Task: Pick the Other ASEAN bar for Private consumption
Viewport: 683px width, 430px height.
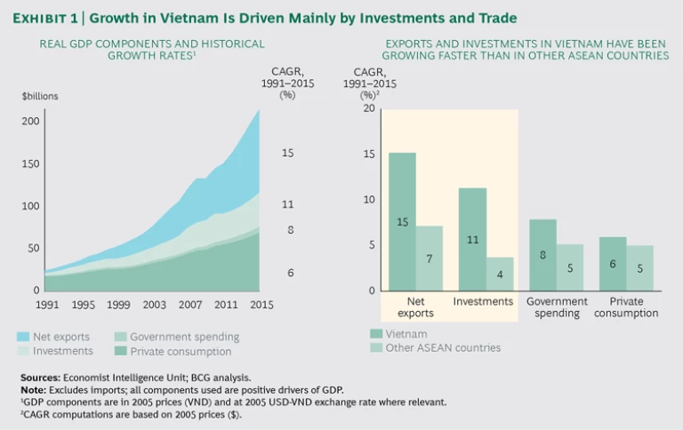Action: [639, 267]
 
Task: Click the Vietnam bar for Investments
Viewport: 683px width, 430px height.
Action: [472, 239]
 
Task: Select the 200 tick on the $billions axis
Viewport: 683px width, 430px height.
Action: [31, 120]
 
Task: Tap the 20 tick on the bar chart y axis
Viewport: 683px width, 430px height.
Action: [371, 107]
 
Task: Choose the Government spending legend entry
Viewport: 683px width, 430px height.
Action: [177, 337]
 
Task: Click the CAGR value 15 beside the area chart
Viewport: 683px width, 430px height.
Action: [287, 153]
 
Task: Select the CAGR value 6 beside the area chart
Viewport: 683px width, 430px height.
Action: [290, 272]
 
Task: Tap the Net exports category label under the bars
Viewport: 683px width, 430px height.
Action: [414, 307]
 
